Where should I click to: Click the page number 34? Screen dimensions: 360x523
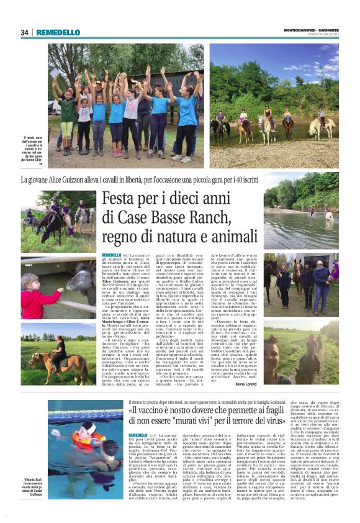tap(24, 32)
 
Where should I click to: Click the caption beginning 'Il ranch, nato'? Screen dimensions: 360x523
tap(33, 149)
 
